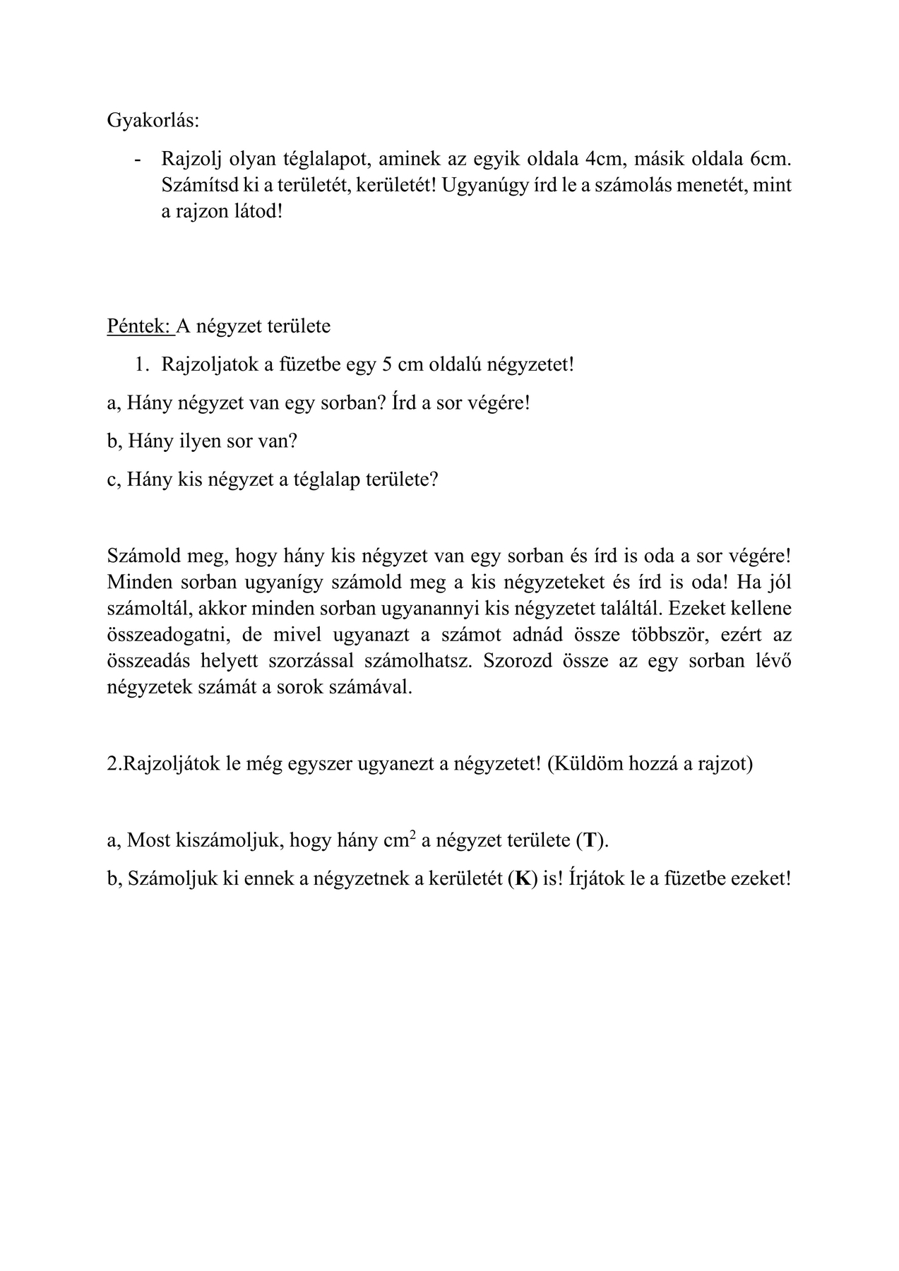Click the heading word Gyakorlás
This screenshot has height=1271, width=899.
click(153, 121)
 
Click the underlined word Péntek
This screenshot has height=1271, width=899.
click(139, 326)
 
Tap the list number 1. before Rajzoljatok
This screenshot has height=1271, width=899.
click(143, 365)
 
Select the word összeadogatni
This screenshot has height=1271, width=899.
click(169, 635)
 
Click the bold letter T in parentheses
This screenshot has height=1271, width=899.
click(590, 841)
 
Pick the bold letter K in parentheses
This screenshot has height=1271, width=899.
click(522, 879)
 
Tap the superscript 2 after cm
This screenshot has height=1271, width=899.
click(412, 835)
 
